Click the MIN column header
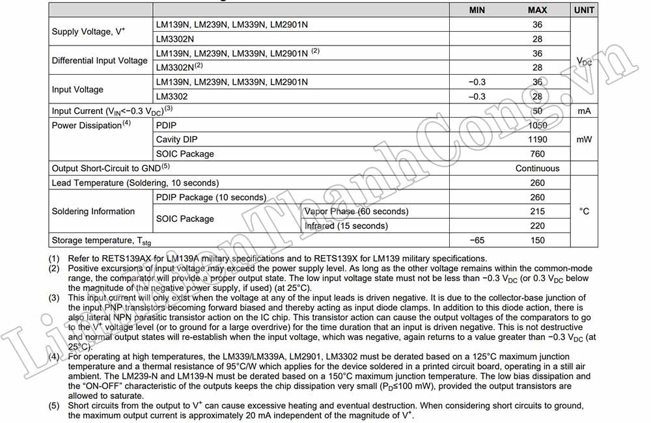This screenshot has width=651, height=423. click(477, 10)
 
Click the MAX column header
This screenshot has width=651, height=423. click(537, 10)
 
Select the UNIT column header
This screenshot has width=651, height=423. click(584, 10)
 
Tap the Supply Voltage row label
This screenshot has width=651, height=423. click(89, 31)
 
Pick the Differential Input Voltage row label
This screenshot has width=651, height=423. click(100, 61)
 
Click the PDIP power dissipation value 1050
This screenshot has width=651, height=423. click(537, 125)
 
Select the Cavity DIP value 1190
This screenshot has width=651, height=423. click(537, 139)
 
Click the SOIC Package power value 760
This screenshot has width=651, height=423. click(537, 154)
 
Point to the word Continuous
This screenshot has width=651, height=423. click(537, 168)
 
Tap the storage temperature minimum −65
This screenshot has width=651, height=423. click(477, 240)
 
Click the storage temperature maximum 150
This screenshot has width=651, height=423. click(537, 240)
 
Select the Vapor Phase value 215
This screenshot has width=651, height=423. click(537, 211)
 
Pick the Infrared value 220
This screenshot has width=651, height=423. click(537, 226)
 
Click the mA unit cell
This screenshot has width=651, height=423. click(584, 111)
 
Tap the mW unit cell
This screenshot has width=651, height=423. click(584, 139)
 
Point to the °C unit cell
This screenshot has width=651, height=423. click(584, 211)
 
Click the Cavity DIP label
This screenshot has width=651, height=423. click(176, 139)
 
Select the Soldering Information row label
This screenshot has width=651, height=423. click(93, 211)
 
